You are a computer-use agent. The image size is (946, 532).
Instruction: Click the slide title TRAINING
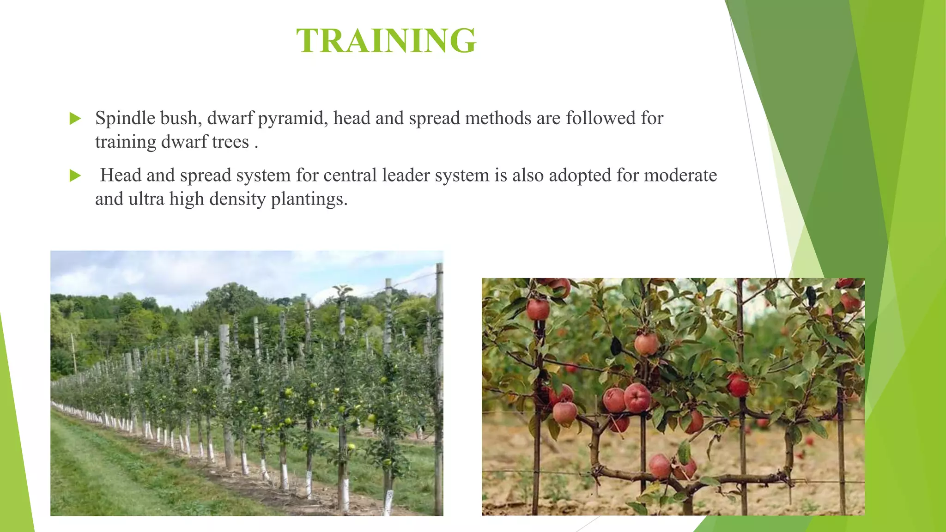point(386,41)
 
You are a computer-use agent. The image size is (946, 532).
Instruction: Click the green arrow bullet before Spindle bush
point(75,119)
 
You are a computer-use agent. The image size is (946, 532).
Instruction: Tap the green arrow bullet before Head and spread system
point(75,176)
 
